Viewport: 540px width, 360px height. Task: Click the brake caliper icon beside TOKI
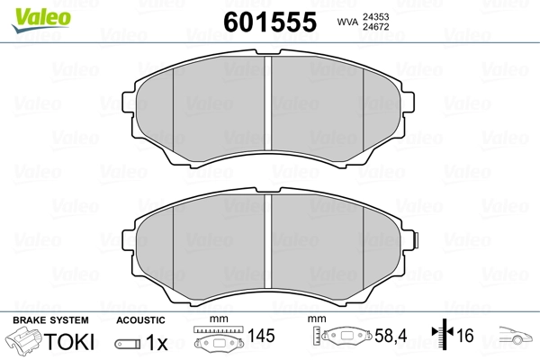click(x=25, y=342)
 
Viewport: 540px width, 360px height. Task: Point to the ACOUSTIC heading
click(x=141, y=320)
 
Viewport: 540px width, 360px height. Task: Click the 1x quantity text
click(x=157, y=342)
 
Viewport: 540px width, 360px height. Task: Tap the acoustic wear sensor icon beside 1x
click(x=130, y=343)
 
